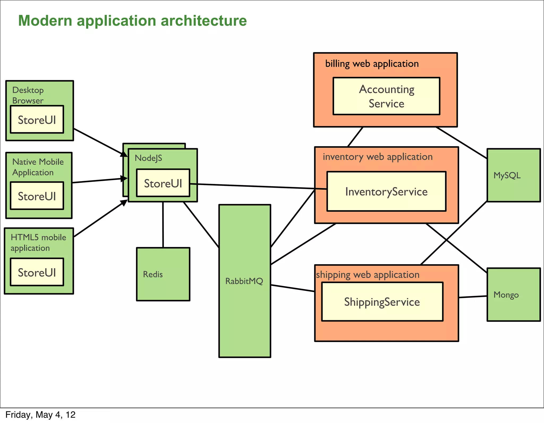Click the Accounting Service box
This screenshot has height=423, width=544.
point(386,96)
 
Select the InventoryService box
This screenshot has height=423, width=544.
point(386,191)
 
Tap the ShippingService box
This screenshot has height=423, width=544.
point(382,302)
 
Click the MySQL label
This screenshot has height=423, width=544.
point(507,175)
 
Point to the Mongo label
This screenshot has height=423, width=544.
point(506,295)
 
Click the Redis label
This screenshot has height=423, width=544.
point(153,274)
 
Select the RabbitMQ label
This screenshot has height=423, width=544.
point(244,281)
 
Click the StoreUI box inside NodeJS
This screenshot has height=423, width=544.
point(163,183)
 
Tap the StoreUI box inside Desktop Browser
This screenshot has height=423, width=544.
point(37,120)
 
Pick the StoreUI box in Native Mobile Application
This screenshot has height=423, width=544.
point(37,196)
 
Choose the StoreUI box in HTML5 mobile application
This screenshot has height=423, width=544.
point(37,272)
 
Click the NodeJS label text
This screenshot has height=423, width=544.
point(148,158)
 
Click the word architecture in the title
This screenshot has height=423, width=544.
point(204,21)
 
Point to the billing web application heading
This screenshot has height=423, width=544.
point(372,64)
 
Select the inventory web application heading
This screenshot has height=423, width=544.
point(377,157)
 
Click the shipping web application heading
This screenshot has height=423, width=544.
point(368,275)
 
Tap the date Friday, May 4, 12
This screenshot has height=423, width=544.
point(40,415)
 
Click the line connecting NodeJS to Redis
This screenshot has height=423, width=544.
point(163,225)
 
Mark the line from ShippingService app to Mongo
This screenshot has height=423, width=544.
point(473,297)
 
